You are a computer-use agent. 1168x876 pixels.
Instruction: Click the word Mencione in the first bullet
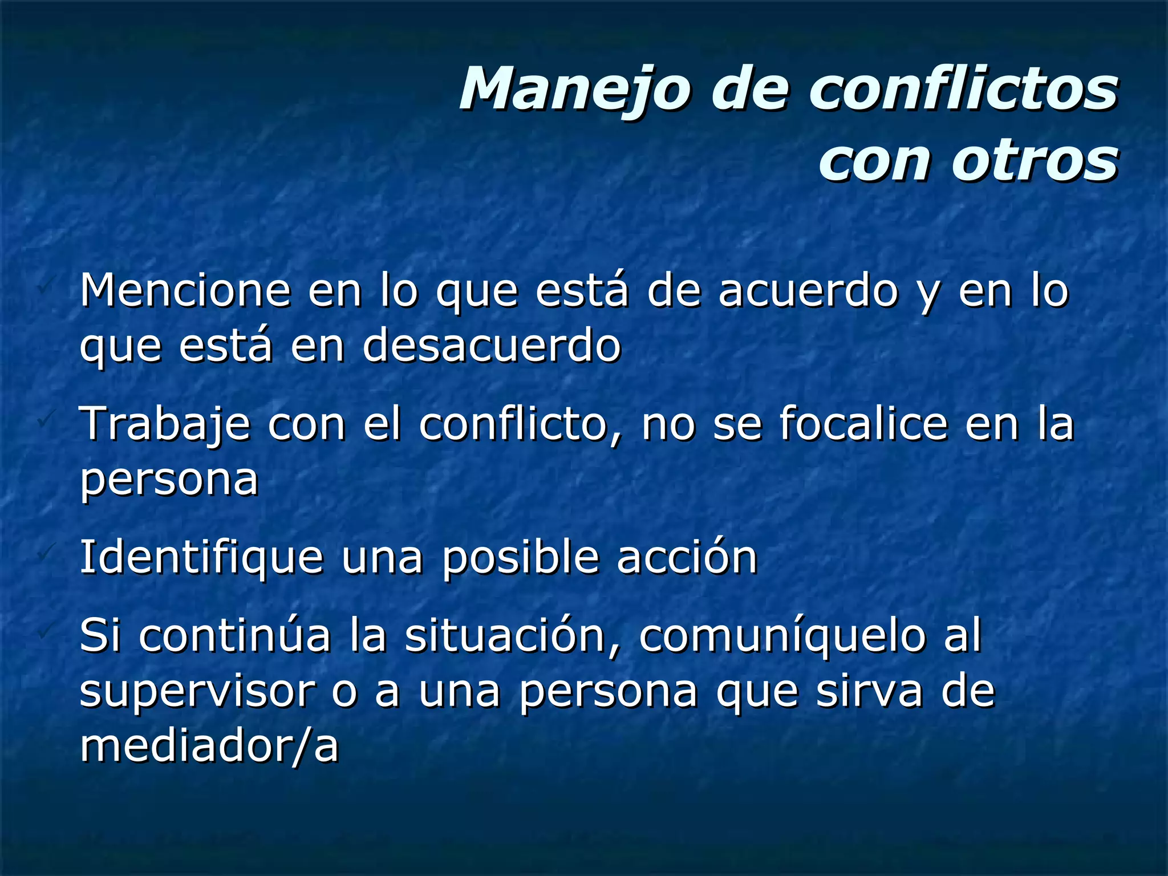tap(185, 290)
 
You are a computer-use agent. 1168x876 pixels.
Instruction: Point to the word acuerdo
tap(807, 290)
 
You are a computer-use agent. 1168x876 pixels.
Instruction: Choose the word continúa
tap(234, 635)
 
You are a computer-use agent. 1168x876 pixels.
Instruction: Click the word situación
tap(505, 635)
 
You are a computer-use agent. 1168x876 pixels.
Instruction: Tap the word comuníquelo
tap(782, 636)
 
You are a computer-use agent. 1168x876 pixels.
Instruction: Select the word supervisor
tap(197, 692)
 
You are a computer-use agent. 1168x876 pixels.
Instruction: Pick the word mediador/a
tap(209, 746)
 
